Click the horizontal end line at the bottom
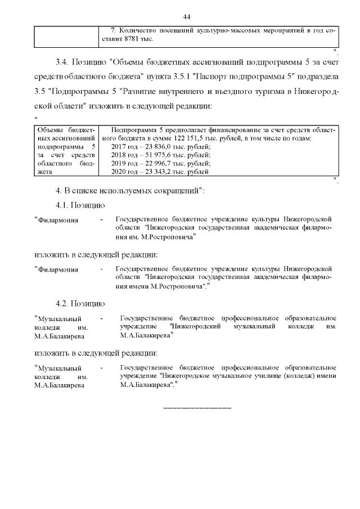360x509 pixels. tap(197, 407)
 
